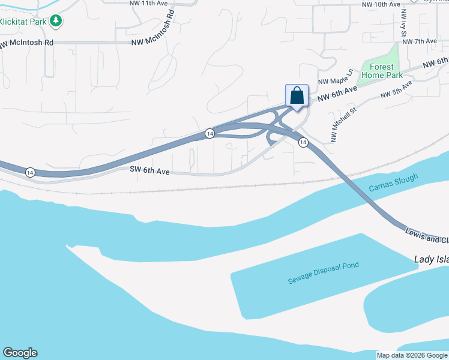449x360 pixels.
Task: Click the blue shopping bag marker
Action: [x=297, y=96]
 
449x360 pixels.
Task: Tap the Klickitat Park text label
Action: [x=23, y=21]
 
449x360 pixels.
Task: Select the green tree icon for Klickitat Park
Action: [x=56, y=21]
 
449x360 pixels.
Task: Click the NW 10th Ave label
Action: [x=381, y=4]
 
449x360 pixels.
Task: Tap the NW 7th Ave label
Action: [x=420, y=41]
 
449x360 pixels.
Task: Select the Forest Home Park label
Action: [x=382, y=71]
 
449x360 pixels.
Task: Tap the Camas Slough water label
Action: [x=393, y=183]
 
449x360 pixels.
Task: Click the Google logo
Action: [x=20, y=353]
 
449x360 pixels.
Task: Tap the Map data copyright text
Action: [x=412, y=355]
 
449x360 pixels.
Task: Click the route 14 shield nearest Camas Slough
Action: [x=303, y=142]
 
